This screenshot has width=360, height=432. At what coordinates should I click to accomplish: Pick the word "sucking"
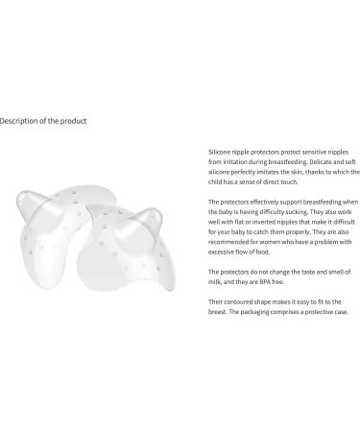pyautogui.click(x=294, y=212)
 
